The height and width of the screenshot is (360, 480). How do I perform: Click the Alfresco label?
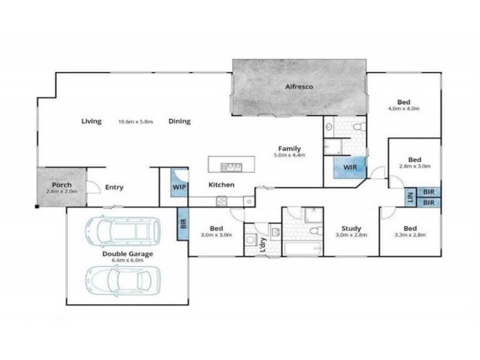coord(299,87)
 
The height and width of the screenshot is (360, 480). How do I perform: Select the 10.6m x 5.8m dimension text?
coord(136,121)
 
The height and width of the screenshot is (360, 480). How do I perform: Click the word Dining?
coord(179,121)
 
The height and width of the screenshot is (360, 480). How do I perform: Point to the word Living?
coord(92,121)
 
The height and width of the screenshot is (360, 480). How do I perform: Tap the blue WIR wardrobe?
coord(350,167)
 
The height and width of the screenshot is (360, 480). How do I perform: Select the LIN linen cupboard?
coord(410,197)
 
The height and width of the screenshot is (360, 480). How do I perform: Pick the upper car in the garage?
coord(123,231)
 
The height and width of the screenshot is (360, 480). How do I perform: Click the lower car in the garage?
coord(123,278)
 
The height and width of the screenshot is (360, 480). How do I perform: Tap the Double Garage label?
coord(127,254)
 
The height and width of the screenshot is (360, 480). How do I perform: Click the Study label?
coord(351,228)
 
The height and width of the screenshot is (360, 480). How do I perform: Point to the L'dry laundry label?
coord(262,246)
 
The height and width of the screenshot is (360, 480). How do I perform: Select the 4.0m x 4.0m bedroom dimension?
coord(403,109)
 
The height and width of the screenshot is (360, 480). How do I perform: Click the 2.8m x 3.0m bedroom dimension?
coord(415,166)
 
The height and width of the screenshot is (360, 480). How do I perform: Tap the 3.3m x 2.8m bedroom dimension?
coord(410,236)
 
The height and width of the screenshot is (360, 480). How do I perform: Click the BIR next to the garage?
coord(183,224)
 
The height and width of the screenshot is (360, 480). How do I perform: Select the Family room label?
coord(289,148)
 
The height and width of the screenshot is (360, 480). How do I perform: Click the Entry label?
coord(114,187)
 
